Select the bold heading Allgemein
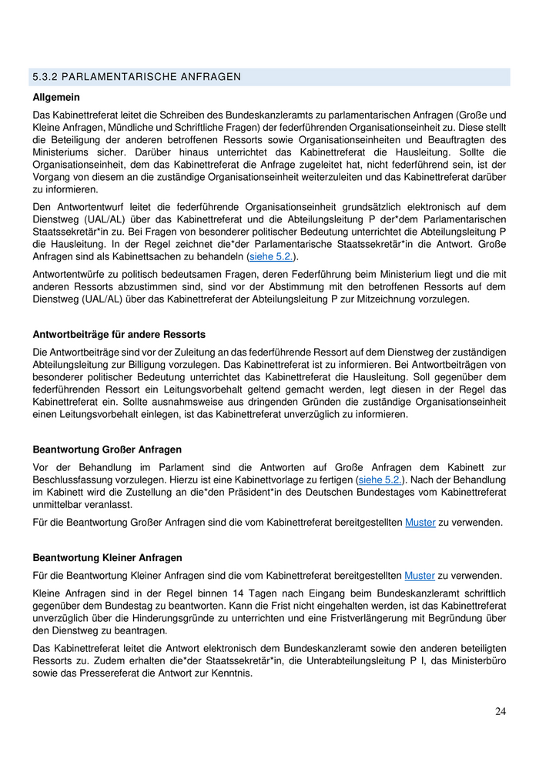(x=56, y=98)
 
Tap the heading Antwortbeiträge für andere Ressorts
(x=119, y=334)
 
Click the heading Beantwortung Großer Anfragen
(x=107, y=449)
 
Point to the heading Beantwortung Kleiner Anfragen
(x=107, y=556)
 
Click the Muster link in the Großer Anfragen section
(x=420, y=523)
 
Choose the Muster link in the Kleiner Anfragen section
(x=420, y=575)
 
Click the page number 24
(x=500, y=711)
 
